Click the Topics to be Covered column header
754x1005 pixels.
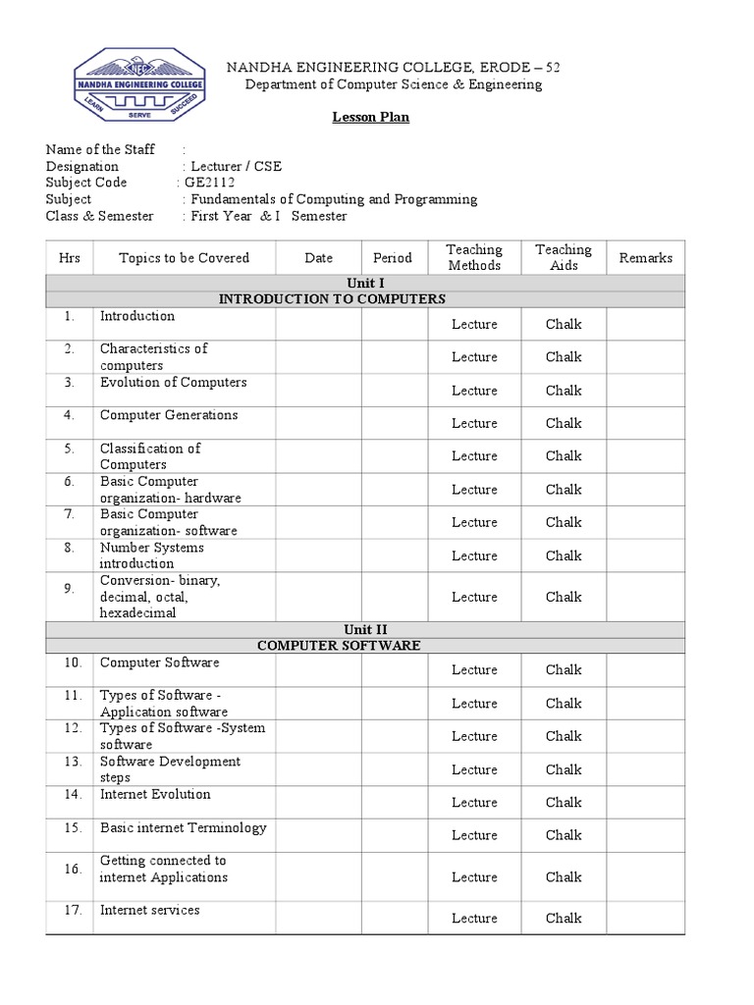(x=184, y=258)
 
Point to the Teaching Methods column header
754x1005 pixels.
(x=474, y=258)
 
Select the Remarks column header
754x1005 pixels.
(x=645, y=258)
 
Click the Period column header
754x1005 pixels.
(x=393, y=258)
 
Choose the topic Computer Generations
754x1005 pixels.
(x=169, y=415)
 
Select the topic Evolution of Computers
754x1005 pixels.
(x=173, y=383)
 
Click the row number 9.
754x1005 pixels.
(x=69, y=589)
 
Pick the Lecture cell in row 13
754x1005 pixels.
(x=474, y=769)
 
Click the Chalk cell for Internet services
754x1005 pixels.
(x=564, y=919)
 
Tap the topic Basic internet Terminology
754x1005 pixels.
(x=183, y=827)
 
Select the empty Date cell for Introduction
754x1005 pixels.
(x=318, y=324)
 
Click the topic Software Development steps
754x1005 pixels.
(x=170, y=769)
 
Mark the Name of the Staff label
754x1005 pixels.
(x=100, y=149)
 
